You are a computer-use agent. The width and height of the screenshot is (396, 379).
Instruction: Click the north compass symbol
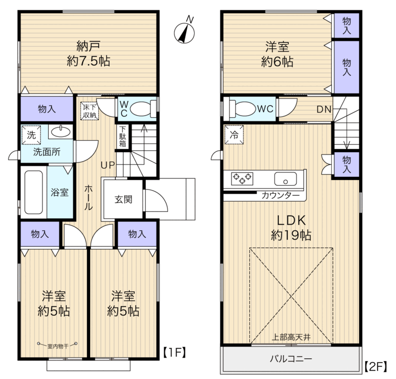pyautogui.click(x=184, y=32)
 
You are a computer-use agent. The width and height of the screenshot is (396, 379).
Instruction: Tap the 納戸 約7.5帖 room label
pyautogui.click(x=89, y=54)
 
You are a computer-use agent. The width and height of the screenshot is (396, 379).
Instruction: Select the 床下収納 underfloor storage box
pyautogui.click(x=90, y=111)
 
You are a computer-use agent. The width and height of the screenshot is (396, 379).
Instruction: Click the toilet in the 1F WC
pyautogui.click(x=143, y=109)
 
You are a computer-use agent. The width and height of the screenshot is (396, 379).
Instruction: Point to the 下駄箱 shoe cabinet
pyautogui.click(x=123, y=136)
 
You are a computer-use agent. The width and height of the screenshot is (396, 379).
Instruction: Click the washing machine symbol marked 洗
pyautogui.click(x=31, y=135)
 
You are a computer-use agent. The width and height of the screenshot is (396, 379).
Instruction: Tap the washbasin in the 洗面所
pyautogui.click(x=60, y=132)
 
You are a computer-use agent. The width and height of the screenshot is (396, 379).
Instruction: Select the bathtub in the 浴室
pyautogui.click(x=33, y=192)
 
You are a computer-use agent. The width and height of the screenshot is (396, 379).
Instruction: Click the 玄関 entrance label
pyautogui.click(x=124, y=200)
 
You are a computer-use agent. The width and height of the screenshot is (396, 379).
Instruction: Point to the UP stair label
pyautogui.click(x=108, y=165)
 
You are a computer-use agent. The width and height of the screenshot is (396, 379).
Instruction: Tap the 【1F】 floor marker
pyautogui.click(x=174, y=352)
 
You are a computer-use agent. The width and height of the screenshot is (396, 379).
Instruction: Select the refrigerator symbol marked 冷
pyautogui.click(x=234, y=135)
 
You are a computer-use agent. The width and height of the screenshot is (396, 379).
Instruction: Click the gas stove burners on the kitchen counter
pyautogui.click(x=242, y=178)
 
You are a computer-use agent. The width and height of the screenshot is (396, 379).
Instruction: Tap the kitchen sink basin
pyautogui.click(x=285, y=179)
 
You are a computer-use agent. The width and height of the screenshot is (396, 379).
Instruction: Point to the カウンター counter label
pyautogui.click(x=280, y=195)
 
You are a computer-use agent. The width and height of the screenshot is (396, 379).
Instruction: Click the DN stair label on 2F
pyautogui.click(x=324, y=109)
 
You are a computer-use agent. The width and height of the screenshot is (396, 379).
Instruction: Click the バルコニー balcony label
pyautogui.click(x=291, y=359)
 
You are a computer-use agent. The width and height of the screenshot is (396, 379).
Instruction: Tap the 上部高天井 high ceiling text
pyautogui.click(x=291, y=337)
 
